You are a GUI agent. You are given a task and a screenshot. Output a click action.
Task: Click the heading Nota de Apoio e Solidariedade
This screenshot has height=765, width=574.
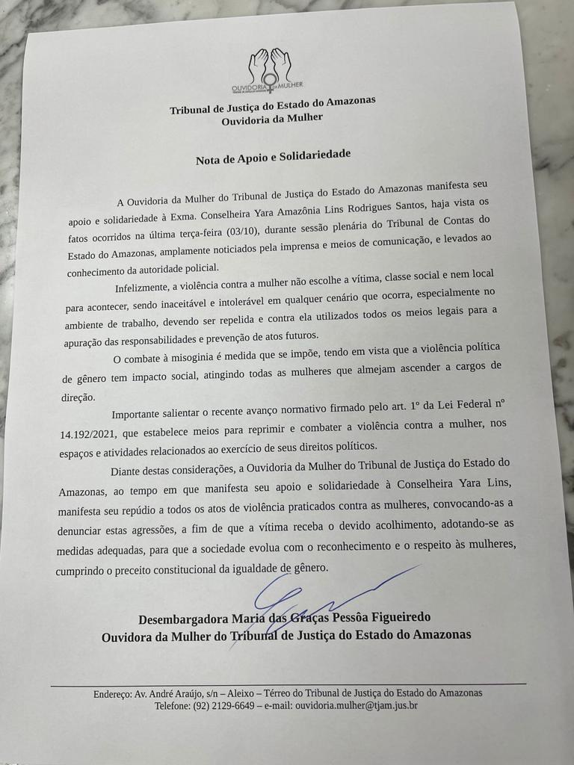point(273,159)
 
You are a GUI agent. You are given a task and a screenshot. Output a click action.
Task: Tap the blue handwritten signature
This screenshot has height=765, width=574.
point(314,598)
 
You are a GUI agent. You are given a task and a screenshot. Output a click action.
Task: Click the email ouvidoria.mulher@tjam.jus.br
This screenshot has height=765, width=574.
point(356,704)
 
